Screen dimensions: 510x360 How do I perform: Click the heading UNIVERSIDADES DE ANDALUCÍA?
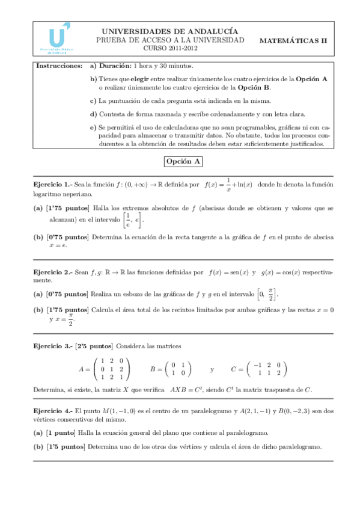170,31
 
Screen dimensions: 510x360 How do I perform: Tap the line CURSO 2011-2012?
170,48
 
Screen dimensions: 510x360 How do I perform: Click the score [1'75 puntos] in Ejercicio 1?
67,208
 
